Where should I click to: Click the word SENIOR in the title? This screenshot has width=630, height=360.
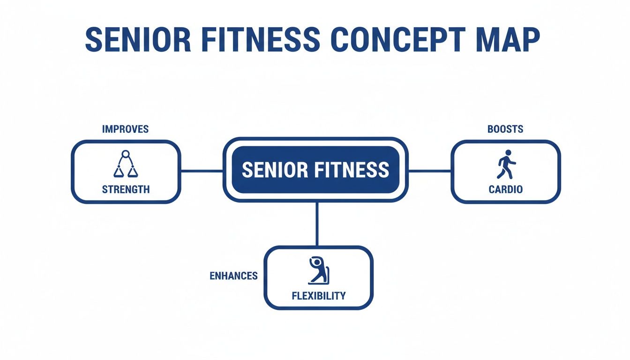(x=138, y=40)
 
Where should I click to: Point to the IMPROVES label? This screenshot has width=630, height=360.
(x=125, y=129)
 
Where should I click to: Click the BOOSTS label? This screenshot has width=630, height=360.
(x=505, y=129)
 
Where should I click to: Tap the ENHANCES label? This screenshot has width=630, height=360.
(x=233, y=276)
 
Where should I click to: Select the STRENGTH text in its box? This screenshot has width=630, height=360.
(x=126, y=189)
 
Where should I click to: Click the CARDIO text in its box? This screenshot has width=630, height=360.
(x=505, y=189)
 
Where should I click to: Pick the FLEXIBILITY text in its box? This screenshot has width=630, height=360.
(x=318, y=296)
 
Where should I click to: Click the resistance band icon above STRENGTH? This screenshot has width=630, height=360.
(x=126, y=165)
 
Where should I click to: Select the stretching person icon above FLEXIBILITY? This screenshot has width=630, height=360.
(x=318, y=270)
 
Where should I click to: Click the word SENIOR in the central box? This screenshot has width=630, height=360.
(x=274, y=170)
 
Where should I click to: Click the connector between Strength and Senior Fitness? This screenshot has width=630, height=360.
(x=202, y=171)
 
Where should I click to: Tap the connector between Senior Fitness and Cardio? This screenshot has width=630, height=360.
(x=429, y=171)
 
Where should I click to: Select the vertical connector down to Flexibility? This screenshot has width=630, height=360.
(x=317, y=224)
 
